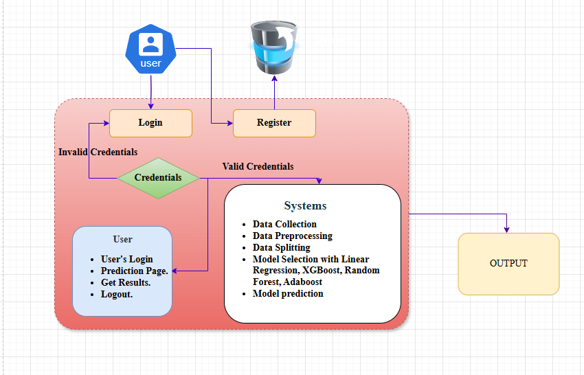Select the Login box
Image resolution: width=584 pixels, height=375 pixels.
click(150, 123)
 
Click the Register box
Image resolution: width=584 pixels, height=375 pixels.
click(274, 123)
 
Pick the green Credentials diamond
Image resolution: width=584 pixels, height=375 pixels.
click(158, 177)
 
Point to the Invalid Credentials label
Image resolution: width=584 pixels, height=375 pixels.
click(98, 152)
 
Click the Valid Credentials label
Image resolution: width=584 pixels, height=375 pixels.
click(258, 166)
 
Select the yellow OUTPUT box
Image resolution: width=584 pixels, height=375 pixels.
click(508, 264)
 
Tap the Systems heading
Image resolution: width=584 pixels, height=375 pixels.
click(306, 206)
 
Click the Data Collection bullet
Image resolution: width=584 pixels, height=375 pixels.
click(284, 224)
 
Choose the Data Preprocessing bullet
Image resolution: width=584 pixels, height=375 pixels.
click(292, 236)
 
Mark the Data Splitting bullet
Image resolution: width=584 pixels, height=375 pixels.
click(281, 247)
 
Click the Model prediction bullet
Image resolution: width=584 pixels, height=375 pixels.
click(288, 293)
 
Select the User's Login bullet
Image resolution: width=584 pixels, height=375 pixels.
click(126, 259)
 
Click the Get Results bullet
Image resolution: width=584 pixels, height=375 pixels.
click(126, 282)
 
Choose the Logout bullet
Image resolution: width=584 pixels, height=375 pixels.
click(117, 294)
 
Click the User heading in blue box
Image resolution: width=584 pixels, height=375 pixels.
click(122, 239)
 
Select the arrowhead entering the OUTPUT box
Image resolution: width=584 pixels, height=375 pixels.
click(507, 229)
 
